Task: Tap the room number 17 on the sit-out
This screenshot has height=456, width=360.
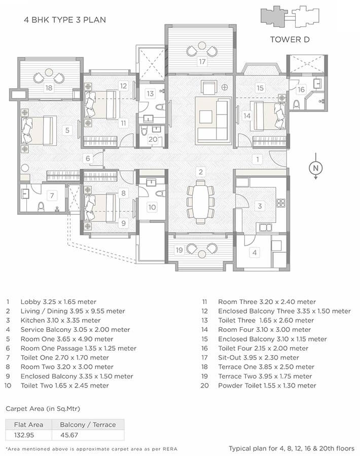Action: point(202,62)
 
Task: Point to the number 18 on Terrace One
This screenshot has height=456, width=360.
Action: point(49,88)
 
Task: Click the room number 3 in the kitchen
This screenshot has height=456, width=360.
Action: point(260,206)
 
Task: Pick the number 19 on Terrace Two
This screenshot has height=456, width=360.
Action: point(179,250)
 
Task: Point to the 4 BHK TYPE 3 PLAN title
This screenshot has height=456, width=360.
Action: point(65,21)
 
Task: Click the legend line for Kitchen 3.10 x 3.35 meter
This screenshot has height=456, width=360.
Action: point(60,320)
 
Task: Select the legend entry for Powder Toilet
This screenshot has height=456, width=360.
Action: point(267,386)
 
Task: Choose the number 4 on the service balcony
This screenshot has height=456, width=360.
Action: point(255,252)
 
